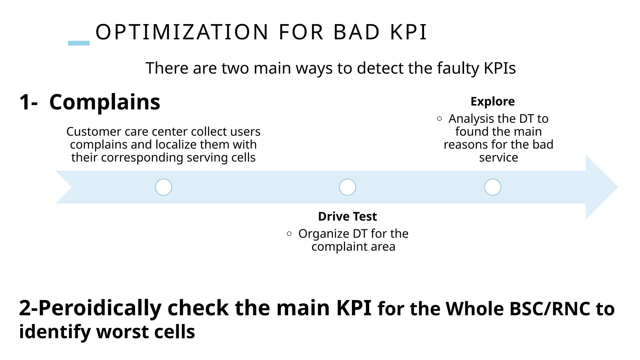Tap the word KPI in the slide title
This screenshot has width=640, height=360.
coord(409,32)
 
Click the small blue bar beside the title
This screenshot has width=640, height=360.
coord(79,43)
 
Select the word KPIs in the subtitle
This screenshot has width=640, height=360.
coord(500,68)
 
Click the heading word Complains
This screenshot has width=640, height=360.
coord(105,102)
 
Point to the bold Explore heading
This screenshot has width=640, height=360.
coord(492,102)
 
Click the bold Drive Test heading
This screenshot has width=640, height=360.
coord(347,216)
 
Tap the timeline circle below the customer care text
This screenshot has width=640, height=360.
coord(163,187)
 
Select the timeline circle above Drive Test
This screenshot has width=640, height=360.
coord(347,187)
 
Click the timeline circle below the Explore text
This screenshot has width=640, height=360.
coord(492,187)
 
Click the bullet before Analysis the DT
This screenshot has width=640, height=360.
coord(439,119)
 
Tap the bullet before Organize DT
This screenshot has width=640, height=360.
coord(289,234)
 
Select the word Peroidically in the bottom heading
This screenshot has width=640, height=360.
coord(100,308)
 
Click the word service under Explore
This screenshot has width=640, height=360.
coord(498,157)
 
